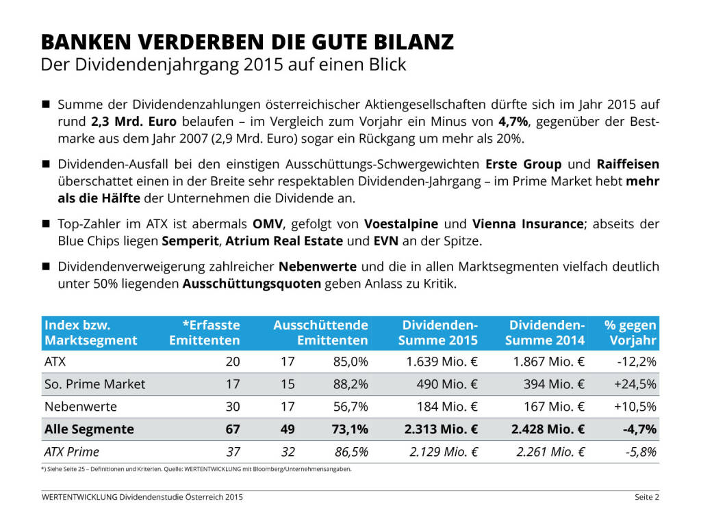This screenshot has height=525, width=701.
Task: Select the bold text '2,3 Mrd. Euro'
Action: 133,122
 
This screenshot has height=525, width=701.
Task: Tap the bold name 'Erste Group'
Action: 524,165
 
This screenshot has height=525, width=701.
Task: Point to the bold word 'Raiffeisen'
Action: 628,165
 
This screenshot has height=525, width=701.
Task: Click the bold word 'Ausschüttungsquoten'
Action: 251,283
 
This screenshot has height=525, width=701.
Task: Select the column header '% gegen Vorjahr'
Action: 630,332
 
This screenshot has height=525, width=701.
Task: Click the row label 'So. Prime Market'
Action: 94,384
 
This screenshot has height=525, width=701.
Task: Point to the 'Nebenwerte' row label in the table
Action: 80,407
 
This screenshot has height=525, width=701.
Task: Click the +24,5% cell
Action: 636,384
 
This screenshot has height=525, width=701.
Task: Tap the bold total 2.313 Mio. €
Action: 439,429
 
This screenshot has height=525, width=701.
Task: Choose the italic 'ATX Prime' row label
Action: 71,452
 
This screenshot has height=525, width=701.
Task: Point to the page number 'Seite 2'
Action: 646,497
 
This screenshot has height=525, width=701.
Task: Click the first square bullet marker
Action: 47,105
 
